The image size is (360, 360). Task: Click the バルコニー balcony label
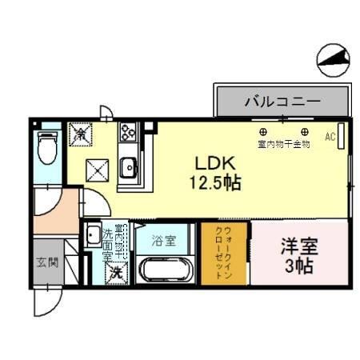tap(282, 102)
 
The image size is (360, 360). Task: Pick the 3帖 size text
tap(298, 265)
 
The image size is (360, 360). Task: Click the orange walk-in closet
tap(225, 252)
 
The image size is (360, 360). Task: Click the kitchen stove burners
tap(129, 132)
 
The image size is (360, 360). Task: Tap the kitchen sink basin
tap(128, 168)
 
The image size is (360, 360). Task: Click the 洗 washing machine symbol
tap(117, 271)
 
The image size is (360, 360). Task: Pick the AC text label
tap(329, 137)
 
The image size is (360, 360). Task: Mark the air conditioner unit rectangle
tap(341, 138)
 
